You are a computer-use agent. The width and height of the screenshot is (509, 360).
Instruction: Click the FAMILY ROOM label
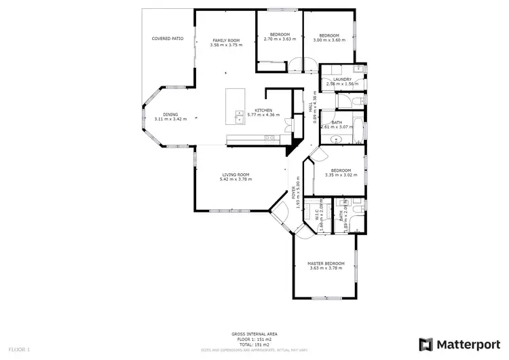[226, 40]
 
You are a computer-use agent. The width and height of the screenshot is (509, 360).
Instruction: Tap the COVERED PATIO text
[167, 39]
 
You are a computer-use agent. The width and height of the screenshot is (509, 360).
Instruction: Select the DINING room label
[170, 114]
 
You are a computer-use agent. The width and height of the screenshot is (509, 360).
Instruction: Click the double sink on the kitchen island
[239, 117]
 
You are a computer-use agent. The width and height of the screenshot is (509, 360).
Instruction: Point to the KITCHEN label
[263, 110]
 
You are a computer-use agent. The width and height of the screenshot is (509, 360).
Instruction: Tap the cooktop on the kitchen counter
[269, 138]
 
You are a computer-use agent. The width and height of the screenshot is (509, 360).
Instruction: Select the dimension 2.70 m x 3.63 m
[280, 39]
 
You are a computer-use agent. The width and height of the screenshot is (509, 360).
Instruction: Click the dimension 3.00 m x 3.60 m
[329, 40]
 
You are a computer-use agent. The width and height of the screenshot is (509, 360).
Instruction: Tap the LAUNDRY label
[342, 79]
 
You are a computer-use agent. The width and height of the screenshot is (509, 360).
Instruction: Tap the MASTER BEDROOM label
[326, 263]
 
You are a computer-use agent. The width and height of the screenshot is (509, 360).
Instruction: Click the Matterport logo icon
[426, 344]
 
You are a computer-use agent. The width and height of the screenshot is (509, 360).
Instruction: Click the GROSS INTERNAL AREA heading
[254, 334]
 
